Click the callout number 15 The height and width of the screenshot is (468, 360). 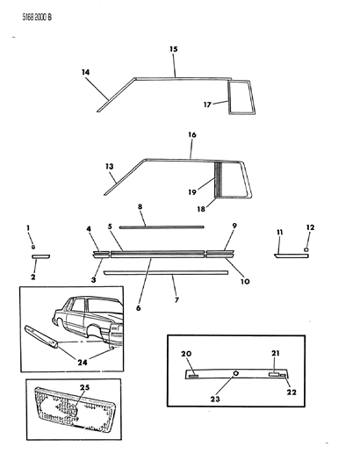(173, 49)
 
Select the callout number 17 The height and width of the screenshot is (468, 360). (207, 104)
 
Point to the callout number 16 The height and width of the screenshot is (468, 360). (191, 135)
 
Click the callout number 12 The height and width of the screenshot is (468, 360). (308, 229)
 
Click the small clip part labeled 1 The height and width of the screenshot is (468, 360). (32, 248)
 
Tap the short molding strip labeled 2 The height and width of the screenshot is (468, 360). (42, 256)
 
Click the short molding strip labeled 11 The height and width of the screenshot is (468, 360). (289, 256)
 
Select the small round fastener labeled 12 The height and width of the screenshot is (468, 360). (306, 249)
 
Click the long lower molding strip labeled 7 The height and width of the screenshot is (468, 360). (165, 272)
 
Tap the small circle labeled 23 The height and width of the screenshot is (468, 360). (236, 372)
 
